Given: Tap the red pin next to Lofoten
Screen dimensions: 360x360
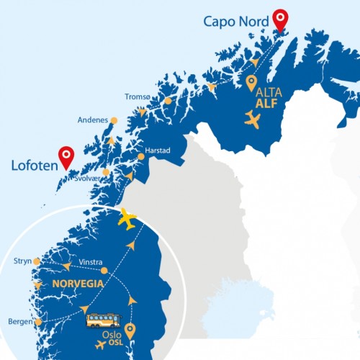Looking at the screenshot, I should click(x=67, y=156).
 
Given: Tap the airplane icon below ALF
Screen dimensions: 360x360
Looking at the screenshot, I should click(x=252, y=120).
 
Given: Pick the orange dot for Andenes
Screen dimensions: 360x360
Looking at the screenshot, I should click(x=114, y=120).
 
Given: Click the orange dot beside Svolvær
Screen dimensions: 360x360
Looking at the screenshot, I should click(x=106, y=172).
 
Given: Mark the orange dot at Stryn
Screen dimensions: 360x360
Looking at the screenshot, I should click(x=37, y=261).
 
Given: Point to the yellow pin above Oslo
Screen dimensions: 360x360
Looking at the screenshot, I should click(x=130, y=330).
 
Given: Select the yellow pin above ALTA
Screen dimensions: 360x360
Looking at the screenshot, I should click(x=251, y=83).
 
